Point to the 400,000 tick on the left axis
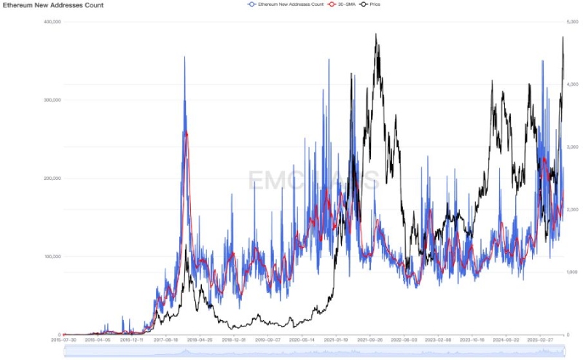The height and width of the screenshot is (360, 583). tap(51, 22)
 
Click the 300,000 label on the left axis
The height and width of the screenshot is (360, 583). tap(51, 100)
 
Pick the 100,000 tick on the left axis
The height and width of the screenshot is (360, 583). tap(51, 257)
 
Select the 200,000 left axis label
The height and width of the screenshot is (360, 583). tap(51, 179)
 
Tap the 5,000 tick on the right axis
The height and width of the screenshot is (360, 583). tap(573, 22)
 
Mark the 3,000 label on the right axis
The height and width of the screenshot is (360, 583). tap(573, 147)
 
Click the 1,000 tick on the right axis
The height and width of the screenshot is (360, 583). tap(573, 272)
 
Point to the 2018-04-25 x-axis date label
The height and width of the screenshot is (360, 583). tap(200, 340)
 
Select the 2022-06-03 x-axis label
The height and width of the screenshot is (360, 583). tap(405, 340)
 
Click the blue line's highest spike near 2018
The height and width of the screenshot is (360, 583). tap(184, 58)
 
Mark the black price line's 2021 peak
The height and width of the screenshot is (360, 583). tap(376, 34)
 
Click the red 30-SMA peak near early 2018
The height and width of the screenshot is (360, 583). tap(187, 133)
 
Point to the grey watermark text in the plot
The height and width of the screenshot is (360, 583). tap(313, 180)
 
